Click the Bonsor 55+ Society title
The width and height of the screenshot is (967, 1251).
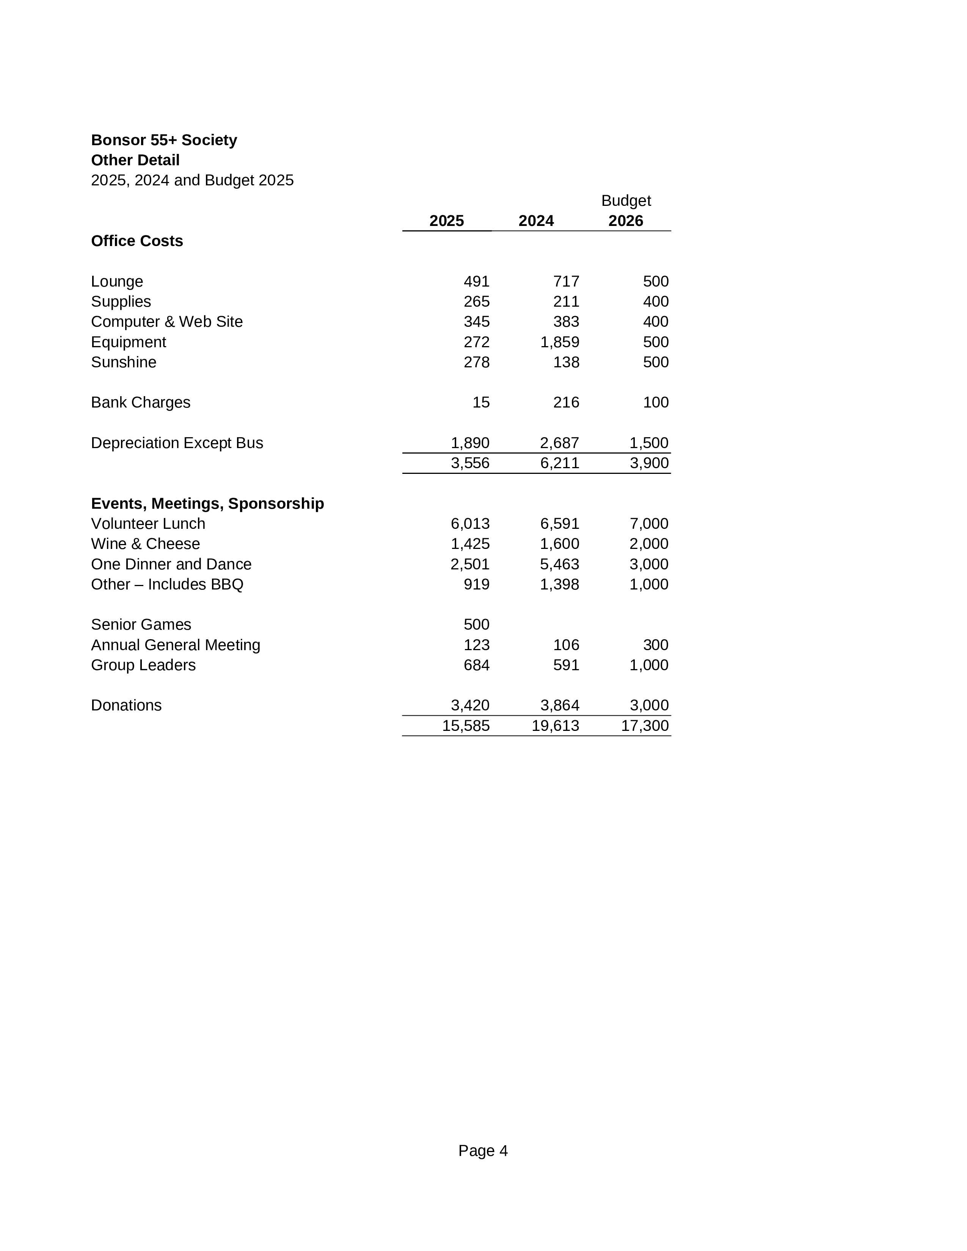click(164, 140)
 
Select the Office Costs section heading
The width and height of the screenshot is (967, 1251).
click(137, 241)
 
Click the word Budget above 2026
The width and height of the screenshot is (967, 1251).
click(626, 201)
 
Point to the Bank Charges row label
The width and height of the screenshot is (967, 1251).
click(140, 403)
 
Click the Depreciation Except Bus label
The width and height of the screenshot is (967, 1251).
click(177, 444)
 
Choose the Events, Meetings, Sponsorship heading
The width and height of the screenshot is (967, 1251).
click(207, 503)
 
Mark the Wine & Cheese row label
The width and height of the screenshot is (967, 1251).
click(146, 544)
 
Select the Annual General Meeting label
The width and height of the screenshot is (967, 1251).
click(175, 646)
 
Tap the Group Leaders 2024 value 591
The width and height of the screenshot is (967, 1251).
click(566, 666)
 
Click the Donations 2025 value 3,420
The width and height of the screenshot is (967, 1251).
click(470, 706)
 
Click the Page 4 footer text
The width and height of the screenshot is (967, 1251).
click(483, 1151)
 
